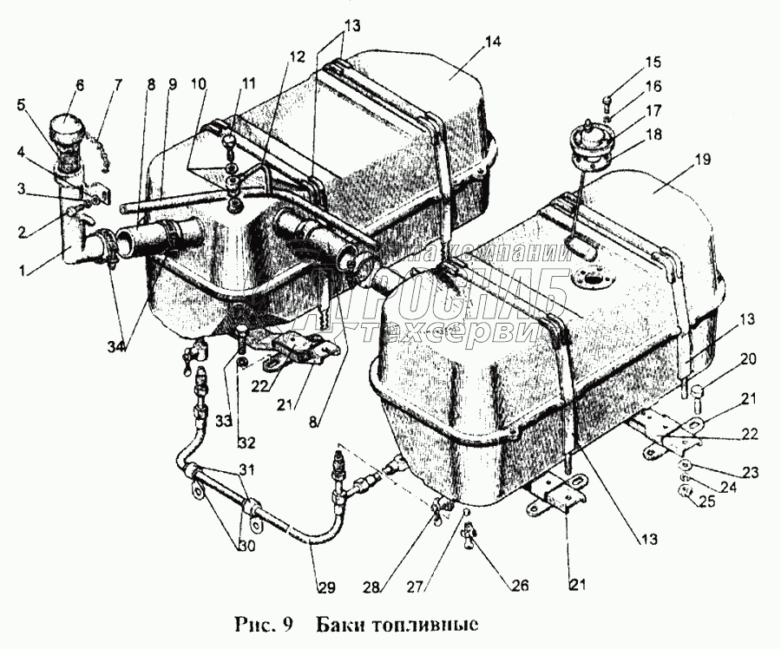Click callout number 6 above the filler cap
coord(80,85)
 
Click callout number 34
coord(115,347)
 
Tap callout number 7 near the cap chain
coord(119,85)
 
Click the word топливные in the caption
coord(422,623)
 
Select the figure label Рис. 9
coord(266,623)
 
